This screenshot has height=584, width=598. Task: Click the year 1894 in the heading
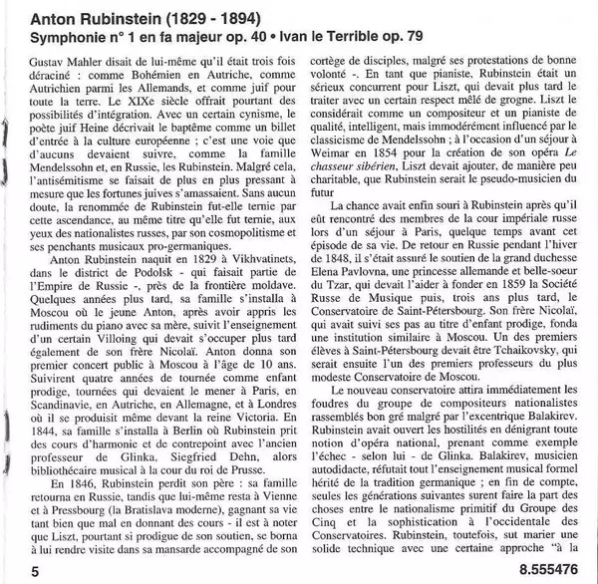click(x=243, y=18)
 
